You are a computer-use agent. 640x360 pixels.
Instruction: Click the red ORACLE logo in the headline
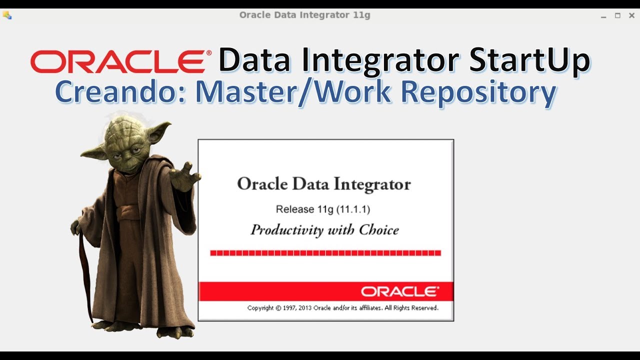[x=117, y=61]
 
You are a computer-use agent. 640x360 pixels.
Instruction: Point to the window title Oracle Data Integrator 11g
[x=304, y=15]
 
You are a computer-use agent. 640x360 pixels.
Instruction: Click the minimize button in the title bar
[x=603, y=15]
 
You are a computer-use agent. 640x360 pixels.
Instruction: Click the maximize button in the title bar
[x=617, y=15]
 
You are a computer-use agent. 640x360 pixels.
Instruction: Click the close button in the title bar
[x=631, y=15]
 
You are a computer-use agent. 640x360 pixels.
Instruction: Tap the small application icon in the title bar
[x=7, y=15]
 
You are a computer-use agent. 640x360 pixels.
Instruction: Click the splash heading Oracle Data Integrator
[x=323, y=184]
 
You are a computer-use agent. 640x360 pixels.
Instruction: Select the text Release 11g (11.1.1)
[x=323, y=209]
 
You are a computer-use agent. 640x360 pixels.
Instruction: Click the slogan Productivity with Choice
[x=324, y=230]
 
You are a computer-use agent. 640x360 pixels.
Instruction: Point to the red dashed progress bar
[x=325, y=253]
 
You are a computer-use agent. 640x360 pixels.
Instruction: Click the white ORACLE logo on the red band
[x=399, y=291]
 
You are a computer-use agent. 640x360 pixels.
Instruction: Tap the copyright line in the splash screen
[x=342, y=308]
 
